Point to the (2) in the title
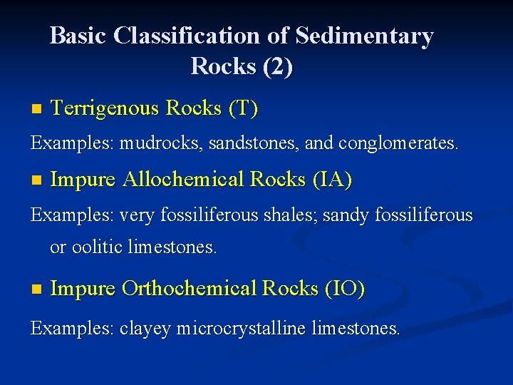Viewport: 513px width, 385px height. tap(278, 66)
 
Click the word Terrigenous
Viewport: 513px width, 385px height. tap(105, 109)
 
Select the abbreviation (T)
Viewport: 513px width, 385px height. tap(243, 109)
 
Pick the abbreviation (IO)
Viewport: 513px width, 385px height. tap(345, 289)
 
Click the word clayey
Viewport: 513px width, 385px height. tap(145, 329)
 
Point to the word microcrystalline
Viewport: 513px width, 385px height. tap(242, 329)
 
